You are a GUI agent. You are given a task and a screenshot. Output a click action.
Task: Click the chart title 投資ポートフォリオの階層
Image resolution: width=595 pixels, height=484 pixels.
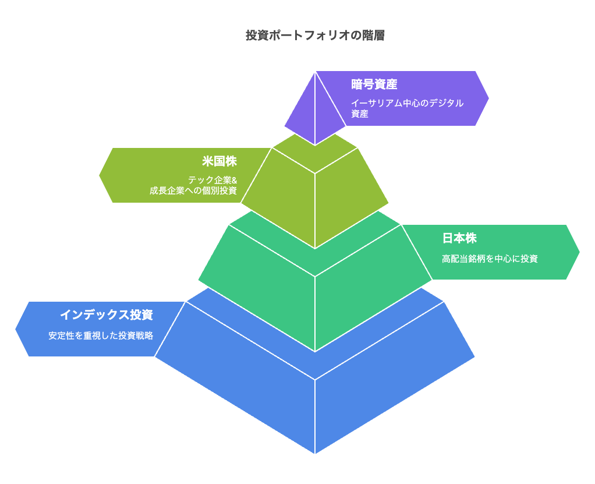tap(315, 36)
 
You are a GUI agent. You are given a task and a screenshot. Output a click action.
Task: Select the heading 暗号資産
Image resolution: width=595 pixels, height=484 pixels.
tap(374, 84)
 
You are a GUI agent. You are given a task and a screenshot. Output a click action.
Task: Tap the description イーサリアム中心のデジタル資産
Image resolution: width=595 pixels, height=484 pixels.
tap(407, 108)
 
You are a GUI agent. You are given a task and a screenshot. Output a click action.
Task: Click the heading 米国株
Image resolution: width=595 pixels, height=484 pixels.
tap(219, 161)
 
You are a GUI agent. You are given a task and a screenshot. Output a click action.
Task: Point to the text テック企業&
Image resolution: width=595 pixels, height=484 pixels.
tap(212, 180)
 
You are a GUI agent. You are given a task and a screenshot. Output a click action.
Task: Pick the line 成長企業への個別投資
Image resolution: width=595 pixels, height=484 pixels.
tap(193, 190)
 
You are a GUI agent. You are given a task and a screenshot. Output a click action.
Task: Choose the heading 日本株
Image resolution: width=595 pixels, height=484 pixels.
tap(459, 238)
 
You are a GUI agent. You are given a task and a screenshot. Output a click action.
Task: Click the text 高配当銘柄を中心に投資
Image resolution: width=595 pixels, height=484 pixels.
tap(490, 259)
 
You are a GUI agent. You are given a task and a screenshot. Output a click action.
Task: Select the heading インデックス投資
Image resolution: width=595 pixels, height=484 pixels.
tap(107, 315)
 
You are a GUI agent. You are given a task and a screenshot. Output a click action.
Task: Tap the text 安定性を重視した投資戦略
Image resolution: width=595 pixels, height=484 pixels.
tap(101, 335)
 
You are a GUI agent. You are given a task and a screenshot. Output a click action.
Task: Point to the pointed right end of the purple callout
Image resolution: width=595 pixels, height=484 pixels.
tap(488, 98)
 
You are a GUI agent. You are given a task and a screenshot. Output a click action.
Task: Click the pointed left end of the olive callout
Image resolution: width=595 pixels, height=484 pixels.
tap(100, 175)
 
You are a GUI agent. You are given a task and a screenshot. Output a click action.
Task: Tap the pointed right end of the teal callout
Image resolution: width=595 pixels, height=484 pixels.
tap(579, 252)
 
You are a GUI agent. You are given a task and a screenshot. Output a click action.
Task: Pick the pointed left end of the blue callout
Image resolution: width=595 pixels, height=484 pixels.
tap(16, 329)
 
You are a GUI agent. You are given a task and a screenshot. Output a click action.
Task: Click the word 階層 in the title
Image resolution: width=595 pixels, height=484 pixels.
tap(373, 36)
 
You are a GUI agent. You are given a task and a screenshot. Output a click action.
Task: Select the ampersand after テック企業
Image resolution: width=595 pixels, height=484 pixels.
tap(234, 181)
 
